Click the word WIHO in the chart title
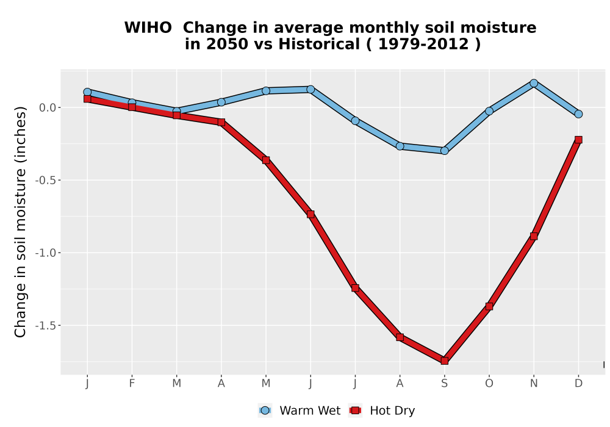point(148,27)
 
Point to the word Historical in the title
point(319,44)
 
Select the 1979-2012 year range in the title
point(423,44)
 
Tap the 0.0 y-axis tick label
point(48,108)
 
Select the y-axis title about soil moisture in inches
point(20,222)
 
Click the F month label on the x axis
point(132,384)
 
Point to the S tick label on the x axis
point(444,384)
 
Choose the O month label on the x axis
point(489,384)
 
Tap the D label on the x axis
point(578,384)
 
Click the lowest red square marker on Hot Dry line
point(444,361)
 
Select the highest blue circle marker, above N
point(534,83)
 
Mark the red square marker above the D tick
point(578,140)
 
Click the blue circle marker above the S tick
point(444,151)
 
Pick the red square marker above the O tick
point(489,306)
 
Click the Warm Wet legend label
point(310,411)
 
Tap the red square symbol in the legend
point(355,411)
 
